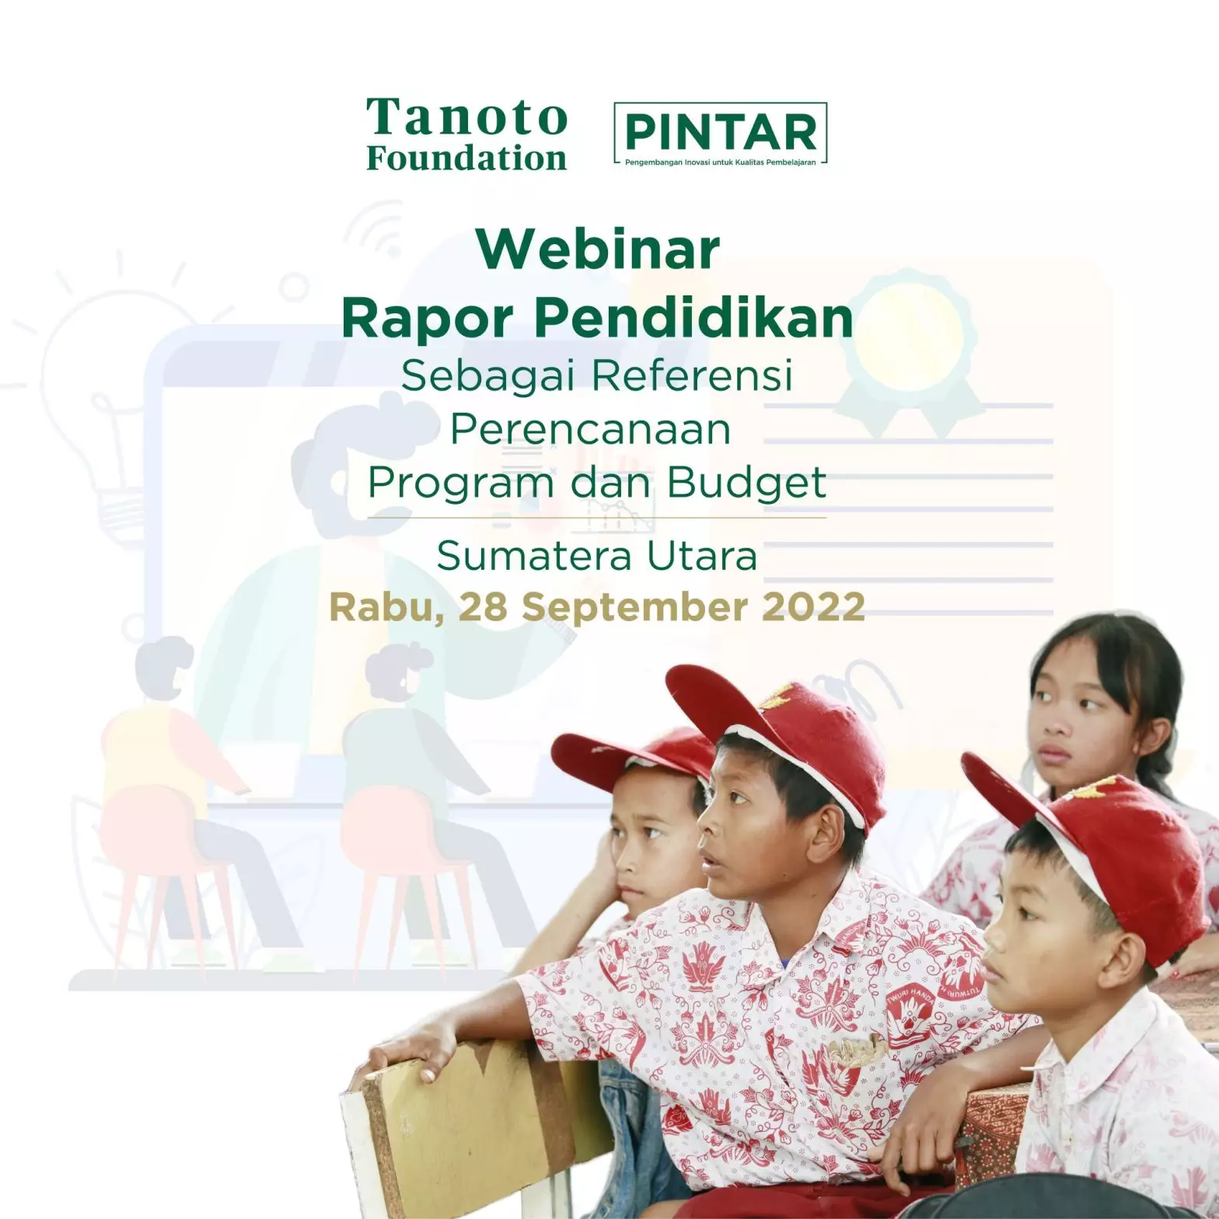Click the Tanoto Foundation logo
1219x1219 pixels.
click(x=466, y=134)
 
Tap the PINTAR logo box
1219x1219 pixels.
click(x=721, y=133)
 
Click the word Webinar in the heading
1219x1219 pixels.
click(x=599, y=249)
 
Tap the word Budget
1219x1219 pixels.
click(x=746, y=484)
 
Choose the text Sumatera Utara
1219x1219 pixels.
click(x=597, y=555)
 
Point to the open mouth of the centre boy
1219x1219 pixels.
click(x=709, y=859)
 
